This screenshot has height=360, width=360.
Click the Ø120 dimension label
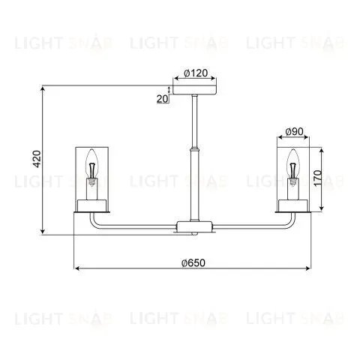[196, 73]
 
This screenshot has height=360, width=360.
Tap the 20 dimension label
[163, 99]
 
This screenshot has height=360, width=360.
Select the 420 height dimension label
[37, 159]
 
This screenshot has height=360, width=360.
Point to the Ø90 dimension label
[294, 131]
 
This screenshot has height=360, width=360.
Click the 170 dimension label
[318, 178]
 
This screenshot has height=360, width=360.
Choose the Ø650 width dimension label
[193, 262]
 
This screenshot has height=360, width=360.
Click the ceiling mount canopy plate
[195, 90]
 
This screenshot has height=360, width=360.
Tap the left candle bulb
[92, 168]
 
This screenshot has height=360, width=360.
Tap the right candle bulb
[293, 168]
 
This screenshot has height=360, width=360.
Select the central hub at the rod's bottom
[194, 226]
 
